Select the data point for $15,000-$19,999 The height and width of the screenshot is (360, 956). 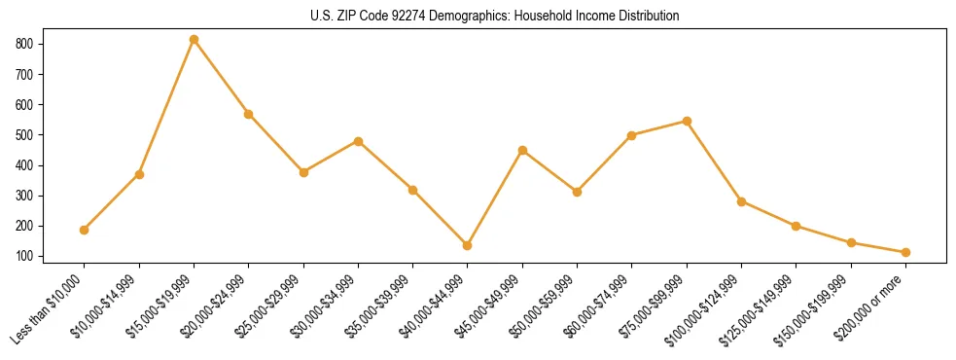(194, 40)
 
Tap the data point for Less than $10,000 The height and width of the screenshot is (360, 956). (85, 230)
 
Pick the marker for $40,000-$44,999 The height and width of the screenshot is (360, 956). (468, 245)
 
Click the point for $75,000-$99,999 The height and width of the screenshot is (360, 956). (687, 121)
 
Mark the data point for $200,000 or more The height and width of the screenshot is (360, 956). (905, 252)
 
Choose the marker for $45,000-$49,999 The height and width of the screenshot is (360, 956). (522, 150)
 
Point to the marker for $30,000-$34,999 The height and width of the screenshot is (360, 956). (358, 141)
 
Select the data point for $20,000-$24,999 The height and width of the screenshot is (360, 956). (249, 114)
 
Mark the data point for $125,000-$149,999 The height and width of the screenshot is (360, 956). (796, 226)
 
